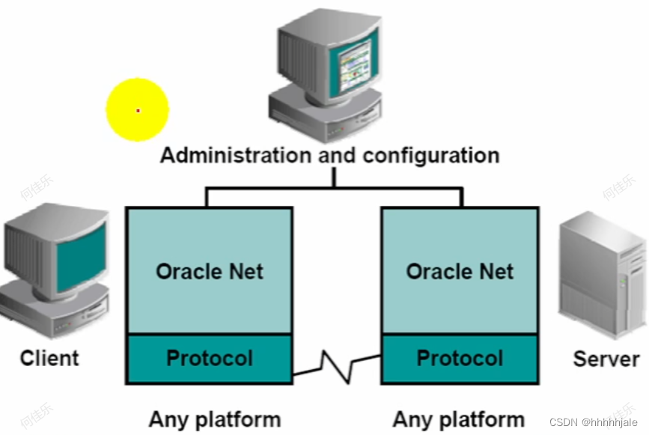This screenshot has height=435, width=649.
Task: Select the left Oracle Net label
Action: pos(210,271)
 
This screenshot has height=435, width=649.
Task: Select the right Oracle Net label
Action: pos(460,271)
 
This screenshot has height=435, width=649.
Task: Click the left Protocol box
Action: pos(210,358)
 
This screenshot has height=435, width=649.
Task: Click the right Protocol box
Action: pos(460,358)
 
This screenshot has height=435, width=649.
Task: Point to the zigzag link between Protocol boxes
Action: pos(336,365)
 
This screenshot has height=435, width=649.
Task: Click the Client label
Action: pos(49,358)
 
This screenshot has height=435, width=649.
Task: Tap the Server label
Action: pos(606,359)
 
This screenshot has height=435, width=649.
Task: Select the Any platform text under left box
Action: pos(215,419)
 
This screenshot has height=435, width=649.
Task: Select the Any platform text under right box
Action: pos(458,419)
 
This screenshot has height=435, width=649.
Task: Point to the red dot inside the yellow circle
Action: pos(138,111)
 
